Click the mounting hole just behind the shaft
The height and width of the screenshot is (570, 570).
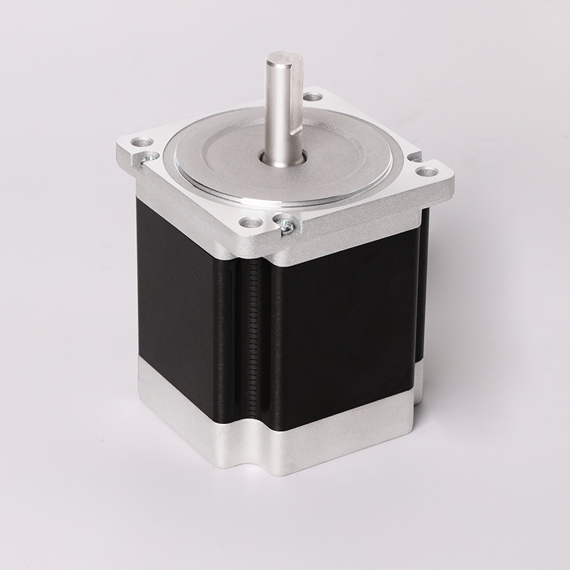[x=312, y=97]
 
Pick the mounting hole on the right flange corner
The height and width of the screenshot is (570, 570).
[x=427, y=172]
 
